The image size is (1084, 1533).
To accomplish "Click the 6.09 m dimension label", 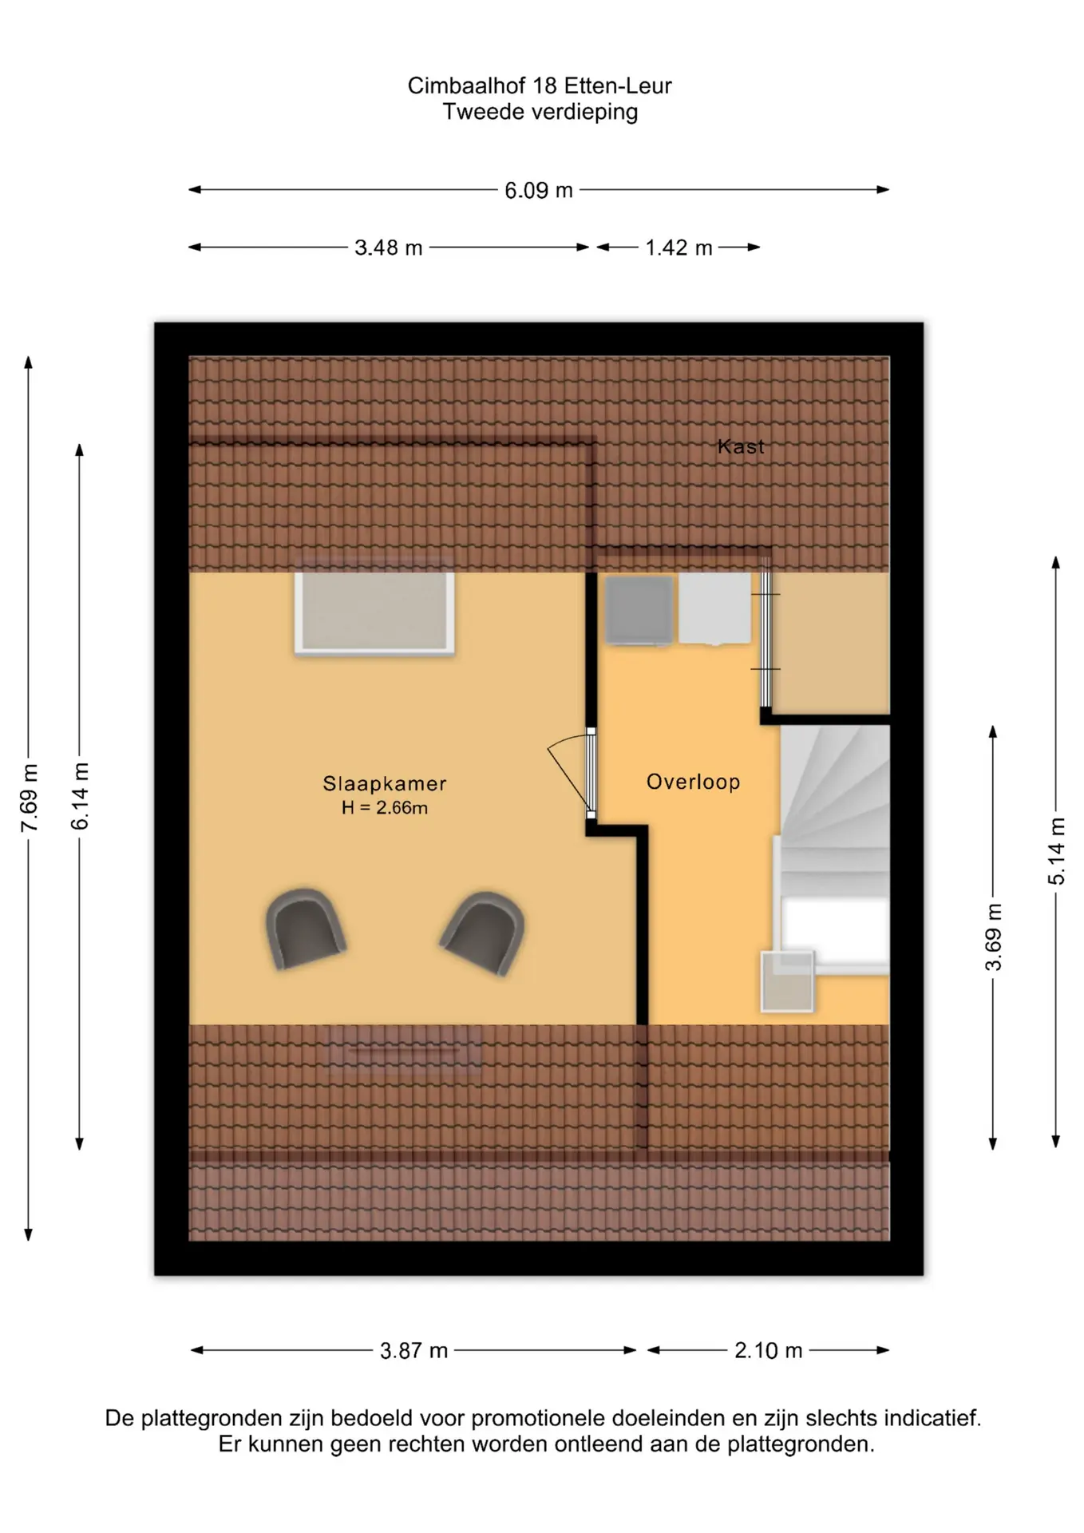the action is click(x=539, y=191).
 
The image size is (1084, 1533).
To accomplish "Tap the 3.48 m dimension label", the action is click(x=389, y=248).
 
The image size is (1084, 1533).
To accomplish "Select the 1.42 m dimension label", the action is click(x=678, y=248).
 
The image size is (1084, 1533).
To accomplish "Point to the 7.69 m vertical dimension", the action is click(x=29, y=798).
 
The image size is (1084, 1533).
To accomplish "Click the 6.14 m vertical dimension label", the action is click(x=80, y=796).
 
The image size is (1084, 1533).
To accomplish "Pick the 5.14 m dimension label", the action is click(x=1056, y=851).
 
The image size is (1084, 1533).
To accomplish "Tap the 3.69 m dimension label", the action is click(x=993, y=937).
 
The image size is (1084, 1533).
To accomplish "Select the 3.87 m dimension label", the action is click(x=413, y=1351).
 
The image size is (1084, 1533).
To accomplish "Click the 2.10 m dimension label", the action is click(x=768, y=1351).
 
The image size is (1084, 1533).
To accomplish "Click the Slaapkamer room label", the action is click(x=385, y=784).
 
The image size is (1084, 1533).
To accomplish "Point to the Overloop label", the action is click(x=694, y=782).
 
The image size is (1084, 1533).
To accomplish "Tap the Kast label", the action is click(x=741, y=446).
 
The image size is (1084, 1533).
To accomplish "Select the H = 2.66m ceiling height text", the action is click(x=385, y=808).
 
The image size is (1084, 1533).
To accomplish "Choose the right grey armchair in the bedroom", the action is click(x=484, y=932).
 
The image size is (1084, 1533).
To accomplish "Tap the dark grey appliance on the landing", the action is click(x=639, y=610).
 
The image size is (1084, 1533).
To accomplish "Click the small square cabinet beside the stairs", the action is click(x=787, y=981).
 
